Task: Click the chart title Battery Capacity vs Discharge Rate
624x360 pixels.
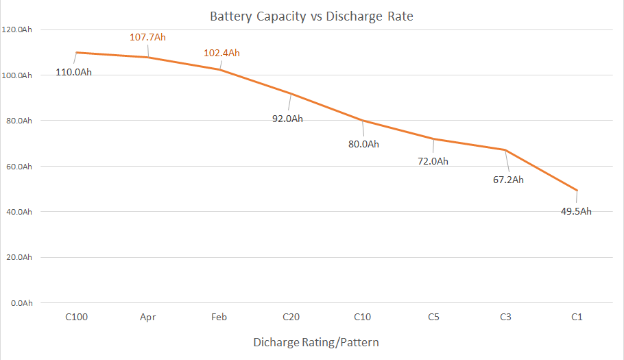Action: pos(311,16)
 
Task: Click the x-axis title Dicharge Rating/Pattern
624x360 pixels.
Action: pos(315,341)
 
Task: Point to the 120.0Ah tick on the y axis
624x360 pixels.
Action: pos(18,29)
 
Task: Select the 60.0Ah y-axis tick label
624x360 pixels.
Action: pos(19,167)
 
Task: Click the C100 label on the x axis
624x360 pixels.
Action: pos(76,317)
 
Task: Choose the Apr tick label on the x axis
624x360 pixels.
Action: pos(147,317)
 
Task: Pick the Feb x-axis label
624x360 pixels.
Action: pos(219,317)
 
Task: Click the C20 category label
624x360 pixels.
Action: pos(291,317)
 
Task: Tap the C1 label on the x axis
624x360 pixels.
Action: pos(577,317)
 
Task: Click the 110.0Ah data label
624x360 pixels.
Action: pos(73,72)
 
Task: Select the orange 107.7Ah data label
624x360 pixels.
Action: pos(147,37)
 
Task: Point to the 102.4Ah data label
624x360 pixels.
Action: pos(221,53)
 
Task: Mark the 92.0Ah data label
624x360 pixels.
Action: pos(287,119)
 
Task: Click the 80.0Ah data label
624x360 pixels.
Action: pos(363,144)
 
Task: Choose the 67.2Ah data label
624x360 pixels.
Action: pos(508,180)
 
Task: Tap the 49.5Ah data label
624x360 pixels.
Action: pos(576,211)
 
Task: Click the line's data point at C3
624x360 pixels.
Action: pos(505,150)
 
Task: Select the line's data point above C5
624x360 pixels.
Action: pos(433,139)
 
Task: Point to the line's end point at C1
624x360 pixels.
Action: pos(577,190)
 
